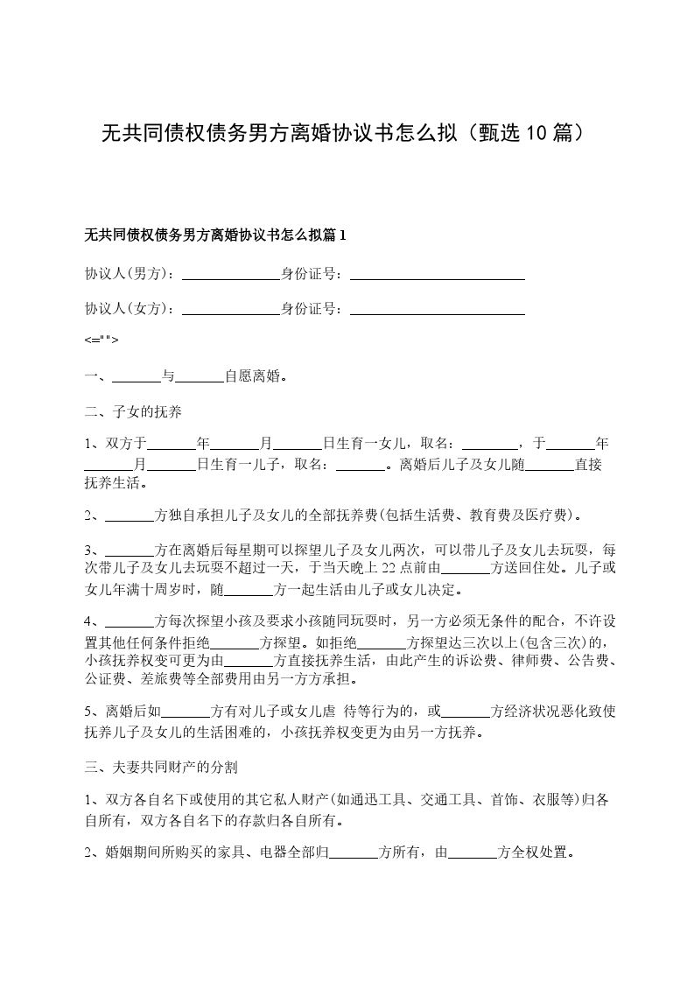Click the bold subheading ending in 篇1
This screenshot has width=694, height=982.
point(215,235)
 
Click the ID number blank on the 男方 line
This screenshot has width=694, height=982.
point(437,274)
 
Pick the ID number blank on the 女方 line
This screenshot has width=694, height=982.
point(437,309)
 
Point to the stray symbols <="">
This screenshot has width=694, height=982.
point(102,340)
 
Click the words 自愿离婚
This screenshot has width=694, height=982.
point(255,377)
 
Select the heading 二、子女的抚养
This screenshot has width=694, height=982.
point(133,410)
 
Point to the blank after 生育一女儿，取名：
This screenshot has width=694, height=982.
point(489,444)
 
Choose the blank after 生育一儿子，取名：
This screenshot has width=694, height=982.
point(361,465)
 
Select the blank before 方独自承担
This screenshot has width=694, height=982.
point(129,516)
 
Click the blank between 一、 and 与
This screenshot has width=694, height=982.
point(137,377)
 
